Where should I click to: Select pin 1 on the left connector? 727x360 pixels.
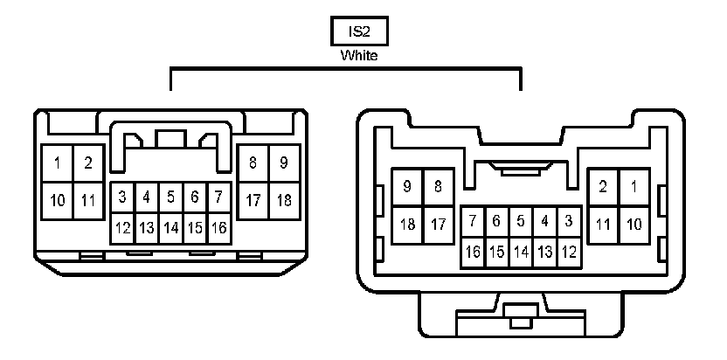58,163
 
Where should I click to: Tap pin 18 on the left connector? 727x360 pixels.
284,200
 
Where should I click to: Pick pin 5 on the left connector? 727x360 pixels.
171,197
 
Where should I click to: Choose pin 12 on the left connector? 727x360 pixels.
123,228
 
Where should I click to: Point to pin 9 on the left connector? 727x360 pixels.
284,163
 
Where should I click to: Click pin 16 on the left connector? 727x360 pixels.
219,228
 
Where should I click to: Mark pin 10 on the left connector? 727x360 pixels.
58,200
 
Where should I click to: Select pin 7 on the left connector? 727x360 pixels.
219,197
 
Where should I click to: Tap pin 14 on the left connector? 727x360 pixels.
171,228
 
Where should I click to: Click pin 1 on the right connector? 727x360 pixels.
634,186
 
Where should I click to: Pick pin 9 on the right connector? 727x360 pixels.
407,186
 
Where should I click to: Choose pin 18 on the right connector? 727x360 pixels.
407,225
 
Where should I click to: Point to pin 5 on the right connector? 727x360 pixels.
521,221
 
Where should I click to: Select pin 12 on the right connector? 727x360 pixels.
569,253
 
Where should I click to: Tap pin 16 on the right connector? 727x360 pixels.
473,253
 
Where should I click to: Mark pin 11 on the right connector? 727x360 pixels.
603,225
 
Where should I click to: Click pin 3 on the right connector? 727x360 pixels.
569,221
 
